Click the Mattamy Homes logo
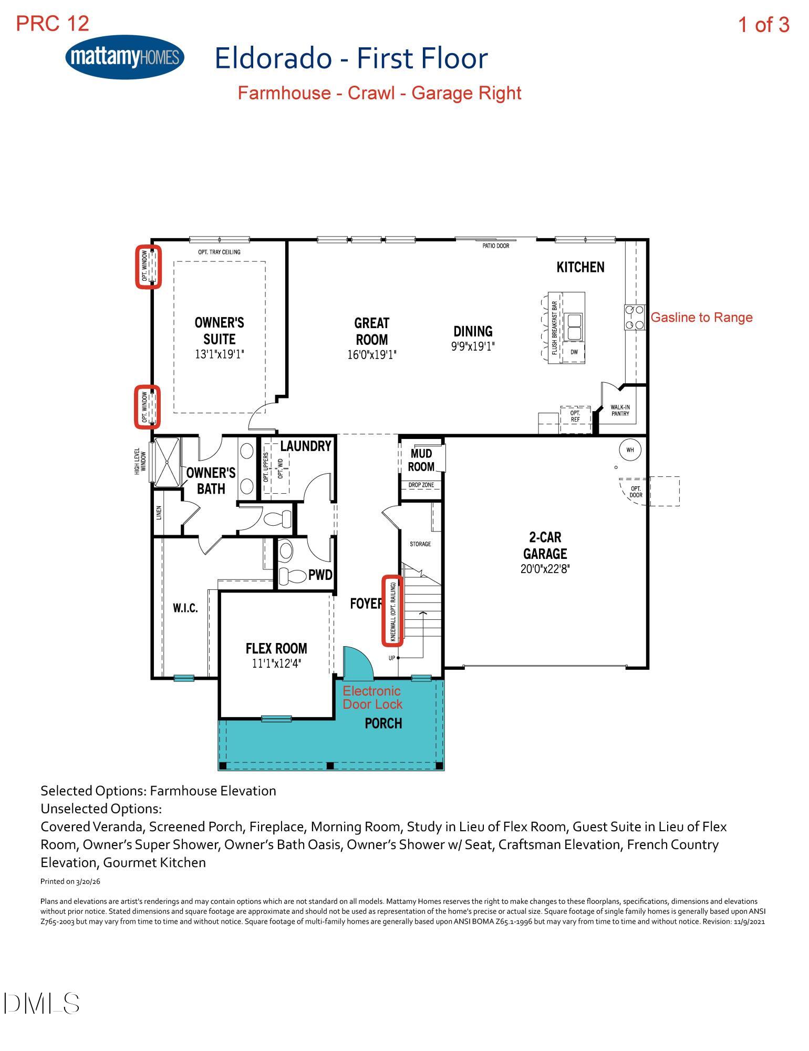point(125,57)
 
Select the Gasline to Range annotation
point(701,318)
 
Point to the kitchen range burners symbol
point(634,318)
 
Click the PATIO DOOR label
point(495,246)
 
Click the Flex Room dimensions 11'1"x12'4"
point(276,664)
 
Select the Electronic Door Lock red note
point(372,698)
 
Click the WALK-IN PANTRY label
point(620,410)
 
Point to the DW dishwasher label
point(574,352)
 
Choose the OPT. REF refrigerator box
point(575,419)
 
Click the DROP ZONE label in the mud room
point(421,485)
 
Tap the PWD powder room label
point(320,575)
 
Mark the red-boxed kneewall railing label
point(392,610)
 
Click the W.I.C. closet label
point(185,608)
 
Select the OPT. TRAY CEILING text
point(219,252)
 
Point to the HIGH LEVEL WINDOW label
point(140,461)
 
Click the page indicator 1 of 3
point(763,25)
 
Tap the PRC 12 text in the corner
point(53,23)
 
